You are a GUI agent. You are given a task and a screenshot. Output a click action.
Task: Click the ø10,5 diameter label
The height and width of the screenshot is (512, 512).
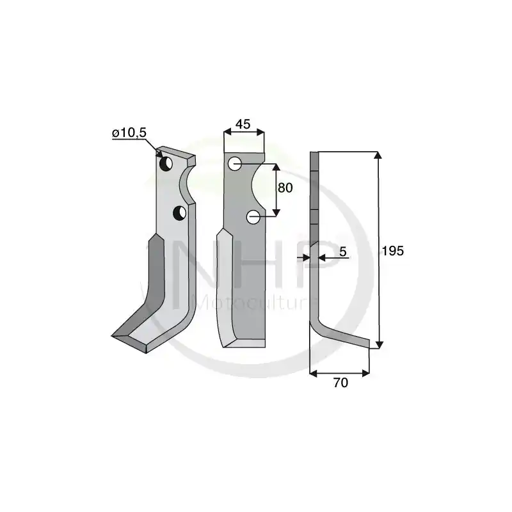[129, 133]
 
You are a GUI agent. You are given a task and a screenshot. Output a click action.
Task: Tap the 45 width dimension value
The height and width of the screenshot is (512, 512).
[243, 124]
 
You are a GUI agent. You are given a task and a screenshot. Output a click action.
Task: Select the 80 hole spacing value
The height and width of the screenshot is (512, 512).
[285, 188]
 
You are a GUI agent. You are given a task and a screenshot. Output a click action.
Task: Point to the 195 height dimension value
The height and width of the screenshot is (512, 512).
[393, 251]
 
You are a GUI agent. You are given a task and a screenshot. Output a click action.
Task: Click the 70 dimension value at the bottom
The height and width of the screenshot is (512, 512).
[340, 383]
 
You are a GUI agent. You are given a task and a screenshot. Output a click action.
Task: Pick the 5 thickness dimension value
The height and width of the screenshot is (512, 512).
[342, 252]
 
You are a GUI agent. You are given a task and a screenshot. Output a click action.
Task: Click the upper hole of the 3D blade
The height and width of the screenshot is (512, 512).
[166, 163]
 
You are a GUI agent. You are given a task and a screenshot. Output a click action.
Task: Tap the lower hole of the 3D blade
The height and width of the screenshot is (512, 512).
[180, 213]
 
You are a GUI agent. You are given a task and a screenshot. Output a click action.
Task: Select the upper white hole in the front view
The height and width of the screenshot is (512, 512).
[235, 164]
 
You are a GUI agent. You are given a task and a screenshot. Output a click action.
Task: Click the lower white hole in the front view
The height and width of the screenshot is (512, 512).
[253, 217]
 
